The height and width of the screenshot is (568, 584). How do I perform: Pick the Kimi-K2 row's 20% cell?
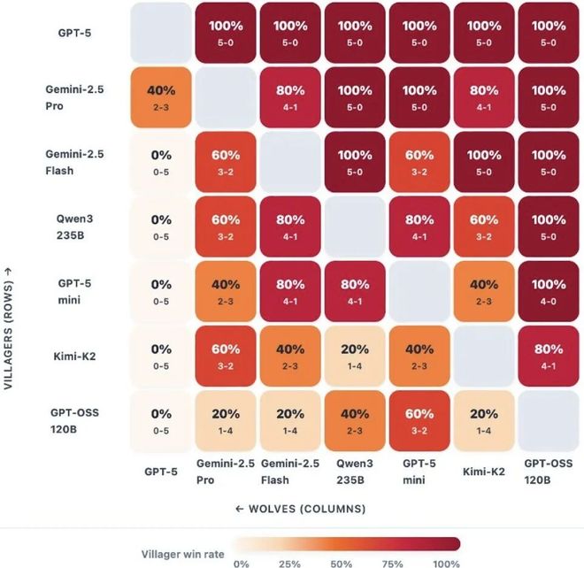pyautogui.click(x=354, y=356)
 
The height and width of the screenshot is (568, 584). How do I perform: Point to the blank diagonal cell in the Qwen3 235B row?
pyautogui.click(x=354, y=226)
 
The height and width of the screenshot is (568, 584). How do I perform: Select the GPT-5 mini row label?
pyautogui.click(x=71, y=291)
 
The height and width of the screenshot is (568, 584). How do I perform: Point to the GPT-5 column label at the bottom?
pyautogui.click(x=160, y=472)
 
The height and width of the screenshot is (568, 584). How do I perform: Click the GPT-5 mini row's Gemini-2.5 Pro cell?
pyautogui.click(x=225, y=291)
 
